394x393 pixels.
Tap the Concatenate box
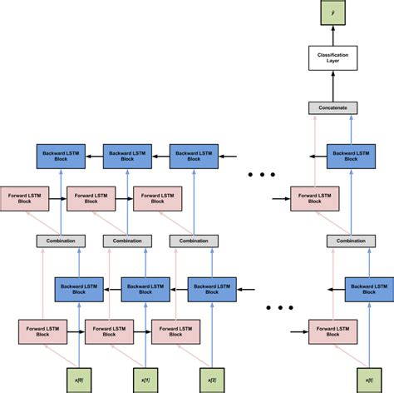(332, 108)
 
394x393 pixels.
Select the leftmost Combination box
(61, 241)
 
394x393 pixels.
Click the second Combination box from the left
(127, 241)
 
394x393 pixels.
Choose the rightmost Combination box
(349, 241)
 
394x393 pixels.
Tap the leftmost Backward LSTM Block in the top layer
(61, 154)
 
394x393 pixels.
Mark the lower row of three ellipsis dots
(279, 308)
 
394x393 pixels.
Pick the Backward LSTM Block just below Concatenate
(349, 154)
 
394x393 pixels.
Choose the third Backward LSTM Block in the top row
(195, 154)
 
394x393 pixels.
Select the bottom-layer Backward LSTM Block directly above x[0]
(77, 288)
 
